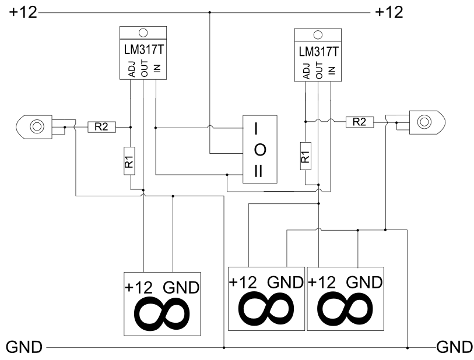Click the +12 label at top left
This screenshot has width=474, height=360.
23,13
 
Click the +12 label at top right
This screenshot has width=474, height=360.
389,13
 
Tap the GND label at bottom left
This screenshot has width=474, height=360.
24,347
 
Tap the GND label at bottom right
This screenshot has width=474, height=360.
455,347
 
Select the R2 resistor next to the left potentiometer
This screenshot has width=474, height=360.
101,127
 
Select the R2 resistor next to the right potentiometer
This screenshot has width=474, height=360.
360,122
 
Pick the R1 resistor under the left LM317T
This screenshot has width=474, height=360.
129,161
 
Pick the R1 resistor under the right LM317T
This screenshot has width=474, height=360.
306,156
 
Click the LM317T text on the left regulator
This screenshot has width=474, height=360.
143,50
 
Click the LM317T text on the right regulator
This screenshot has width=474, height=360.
318,52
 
